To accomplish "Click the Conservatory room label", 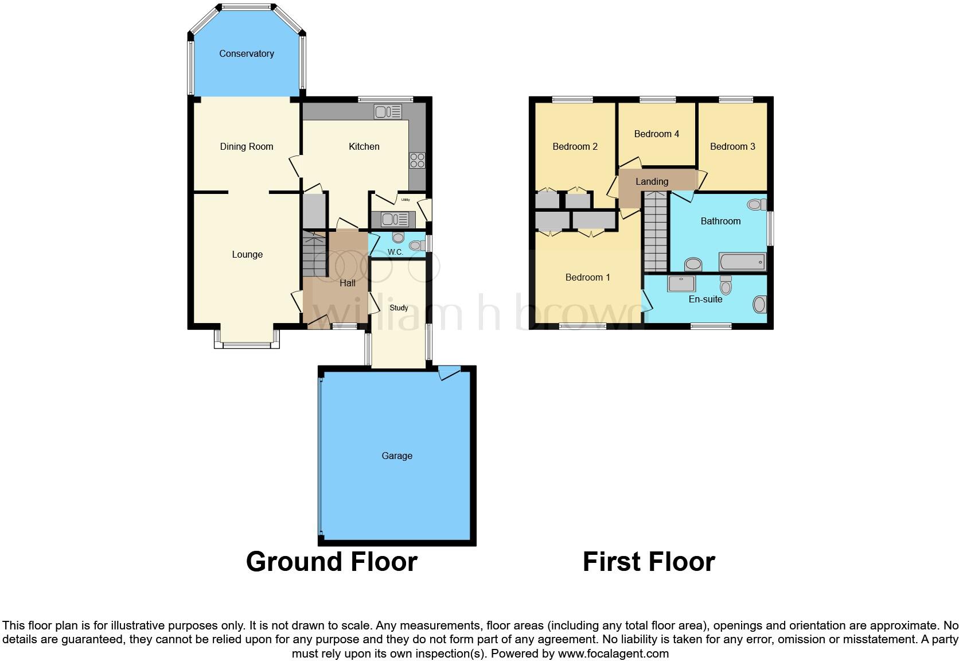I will [247, 54].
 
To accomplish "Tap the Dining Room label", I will [247, 147].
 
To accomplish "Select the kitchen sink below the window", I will [388, 111].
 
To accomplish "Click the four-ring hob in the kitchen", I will [417, 161].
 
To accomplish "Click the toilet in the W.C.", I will [414, 245].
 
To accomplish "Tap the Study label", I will [399, 308].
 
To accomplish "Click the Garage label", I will [397, 456].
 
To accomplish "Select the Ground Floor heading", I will [332, 562].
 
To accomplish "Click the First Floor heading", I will [649, 562].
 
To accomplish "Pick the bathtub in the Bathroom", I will [742, 262].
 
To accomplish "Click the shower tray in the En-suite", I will [681, 283].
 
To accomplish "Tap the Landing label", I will [652, 182].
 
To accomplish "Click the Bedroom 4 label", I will [657, 134].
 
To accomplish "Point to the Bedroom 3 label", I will [732, 147].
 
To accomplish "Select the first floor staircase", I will [656, 232].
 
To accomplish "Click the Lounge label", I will [247, 255].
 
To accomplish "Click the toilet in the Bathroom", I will [757, 204].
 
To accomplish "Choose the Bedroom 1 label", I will [588, 278].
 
